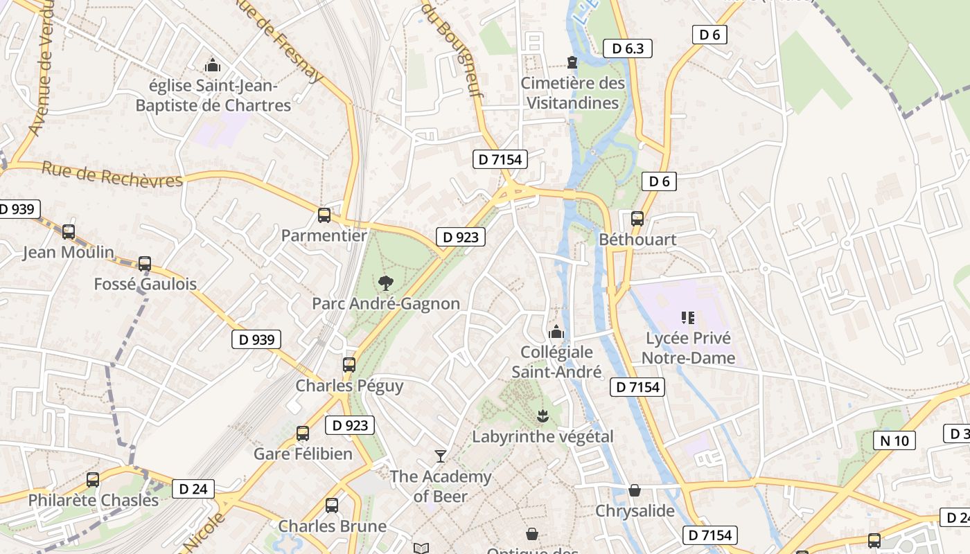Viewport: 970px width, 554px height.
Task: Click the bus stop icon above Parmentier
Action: [x=324, y=215]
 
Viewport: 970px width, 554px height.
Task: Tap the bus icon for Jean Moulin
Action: [x=69, y=232]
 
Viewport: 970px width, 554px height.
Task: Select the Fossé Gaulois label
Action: [x=145, y=284]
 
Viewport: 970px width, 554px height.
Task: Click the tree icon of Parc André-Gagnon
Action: [x=385, y=283]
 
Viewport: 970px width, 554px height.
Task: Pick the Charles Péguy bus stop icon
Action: [x=349, y=365]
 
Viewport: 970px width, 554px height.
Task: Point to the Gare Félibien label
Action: [x=303, y=454]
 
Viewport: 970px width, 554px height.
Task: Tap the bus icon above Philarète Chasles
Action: [x=93, y=479]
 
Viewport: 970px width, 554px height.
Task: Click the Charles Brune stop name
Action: [x=333, y=526]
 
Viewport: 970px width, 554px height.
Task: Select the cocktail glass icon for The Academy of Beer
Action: [x=440, y=456]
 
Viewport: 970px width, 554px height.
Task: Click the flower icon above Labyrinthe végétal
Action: [x=542, y=415]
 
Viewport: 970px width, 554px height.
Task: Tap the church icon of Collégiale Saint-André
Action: [x=556, y=332]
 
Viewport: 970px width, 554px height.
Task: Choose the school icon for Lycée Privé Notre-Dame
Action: [x=688, y=318]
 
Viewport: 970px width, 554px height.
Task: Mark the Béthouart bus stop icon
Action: [x=637, y=219]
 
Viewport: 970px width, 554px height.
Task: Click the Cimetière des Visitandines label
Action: [x=572, y=93]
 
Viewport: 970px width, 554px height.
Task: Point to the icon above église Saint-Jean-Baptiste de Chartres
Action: [x=213, y=66]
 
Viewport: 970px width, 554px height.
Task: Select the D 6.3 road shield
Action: [x=628, y=48]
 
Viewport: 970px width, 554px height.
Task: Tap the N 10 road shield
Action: [x=894, y=440]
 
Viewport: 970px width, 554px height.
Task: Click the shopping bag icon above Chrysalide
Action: [x=635, y=490]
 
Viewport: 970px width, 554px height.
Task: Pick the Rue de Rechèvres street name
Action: [x=112, y=174]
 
